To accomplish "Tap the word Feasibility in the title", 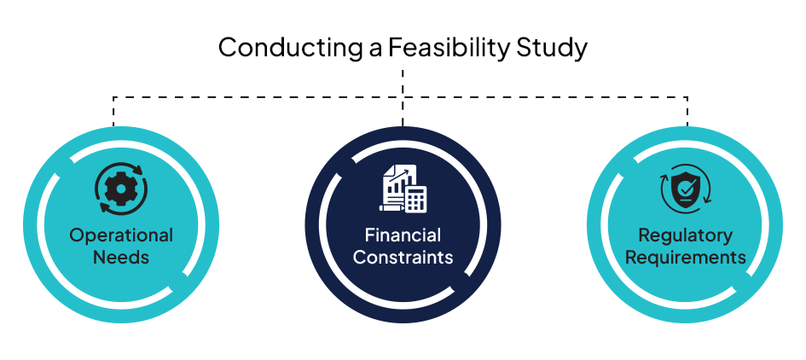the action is (x=449, y=49).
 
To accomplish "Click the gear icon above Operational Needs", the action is (x=121, y=189).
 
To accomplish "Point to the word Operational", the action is (x=121, y=236).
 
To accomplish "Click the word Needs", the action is (x=121, y=257).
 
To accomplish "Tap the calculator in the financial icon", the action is (x=415, y=198).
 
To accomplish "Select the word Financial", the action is (x=403, y=235).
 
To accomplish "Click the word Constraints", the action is (x=403, y=257).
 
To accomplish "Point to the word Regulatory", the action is (x=685, y=236).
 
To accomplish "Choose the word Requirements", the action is (x=685, y=257).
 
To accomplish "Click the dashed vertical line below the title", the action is (x=403, y=98).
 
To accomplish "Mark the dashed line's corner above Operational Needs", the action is (x=113, y=96).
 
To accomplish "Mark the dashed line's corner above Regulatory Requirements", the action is (x=687, y=96).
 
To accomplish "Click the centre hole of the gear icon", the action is (x=121, y=189).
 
